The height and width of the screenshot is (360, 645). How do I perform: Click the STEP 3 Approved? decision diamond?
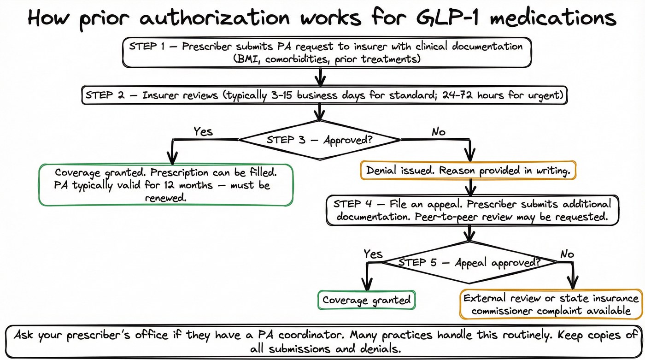click(320, 140)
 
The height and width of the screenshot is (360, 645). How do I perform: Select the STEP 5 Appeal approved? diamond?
click(469, 262)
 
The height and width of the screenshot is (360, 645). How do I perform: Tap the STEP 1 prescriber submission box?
click(327, 53)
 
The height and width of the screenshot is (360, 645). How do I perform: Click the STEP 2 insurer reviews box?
click(325, 96)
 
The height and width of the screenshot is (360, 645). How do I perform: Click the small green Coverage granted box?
click(366, 300)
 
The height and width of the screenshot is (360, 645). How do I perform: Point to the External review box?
click(551, 304)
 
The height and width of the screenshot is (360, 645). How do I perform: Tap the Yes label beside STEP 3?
click(203, 131)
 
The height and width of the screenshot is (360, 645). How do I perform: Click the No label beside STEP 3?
click(438, 132)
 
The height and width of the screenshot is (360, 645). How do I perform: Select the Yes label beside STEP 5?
click(373, 254)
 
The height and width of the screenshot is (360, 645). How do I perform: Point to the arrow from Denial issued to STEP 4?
click(470, 187)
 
